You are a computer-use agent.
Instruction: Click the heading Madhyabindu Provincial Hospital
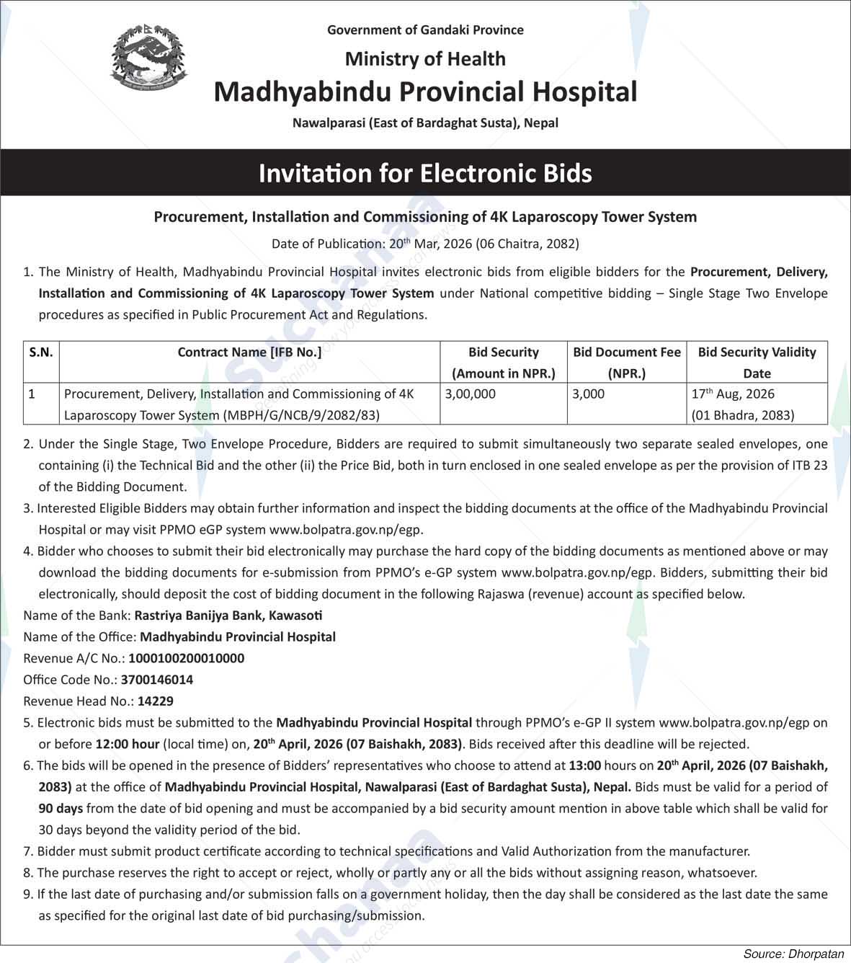[x=425, y=92]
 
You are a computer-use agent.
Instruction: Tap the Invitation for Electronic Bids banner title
[x=425, y=174]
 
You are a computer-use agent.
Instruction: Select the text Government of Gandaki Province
[x=425, y=30]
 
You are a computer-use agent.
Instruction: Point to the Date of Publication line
[x=425, y=244]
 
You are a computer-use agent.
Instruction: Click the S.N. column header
[x=41, y=352]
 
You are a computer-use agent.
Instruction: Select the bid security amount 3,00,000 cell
[x=471, y=394]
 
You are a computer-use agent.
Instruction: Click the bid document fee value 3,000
[x=589, y=394]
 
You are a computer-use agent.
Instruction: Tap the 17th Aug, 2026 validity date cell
[x=733, y=394]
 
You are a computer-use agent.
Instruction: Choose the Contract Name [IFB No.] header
[x=249, y=352]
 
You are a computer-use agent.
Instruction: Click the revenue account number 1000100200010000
[x=186, y=658]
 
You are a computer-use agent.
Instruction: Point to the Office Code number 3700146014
[x=157, y=680]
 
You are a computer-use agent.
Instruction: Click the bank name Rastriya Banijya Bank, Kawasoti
[x=228, y=616]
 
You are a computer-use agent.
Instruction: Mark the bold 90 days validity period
[x=61, y=808]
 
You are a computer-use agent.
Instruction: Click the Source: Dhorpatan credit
[x=793, y=954]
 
